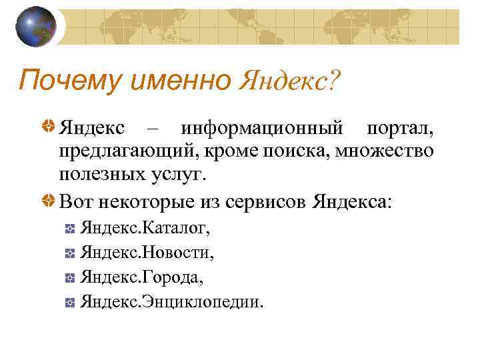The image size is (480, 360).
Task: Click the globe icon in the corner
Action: coord(36,26)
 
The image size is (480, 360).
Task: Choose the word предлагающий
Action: coord(126,151)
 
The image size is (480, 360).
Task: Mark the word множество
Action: coord(386,151)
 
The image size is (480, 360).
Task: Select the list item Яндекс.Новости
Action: coord(147,253)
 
